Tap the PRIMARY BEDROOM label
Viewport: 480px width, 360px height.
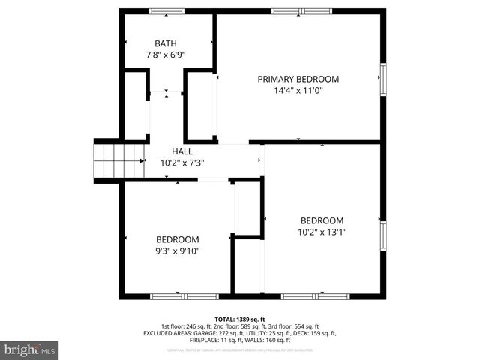point(298,79)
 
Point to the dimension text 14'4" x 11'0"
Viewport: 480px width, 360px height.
point(298,91)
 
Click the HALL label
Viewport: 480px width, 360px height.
point(182,151)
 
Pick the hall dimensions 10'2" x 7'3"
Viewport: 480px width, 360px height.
point(182,162)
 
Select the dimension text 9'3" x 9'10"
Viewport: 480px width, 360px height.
point(177,251)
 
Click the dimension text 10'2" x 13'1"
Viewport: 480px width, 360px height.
point(322,232)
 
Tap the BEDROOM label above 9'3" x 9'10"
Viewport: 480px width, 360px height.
point(177,239)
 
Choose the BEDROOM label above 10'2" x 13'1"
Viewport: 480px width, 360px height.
point(322,220)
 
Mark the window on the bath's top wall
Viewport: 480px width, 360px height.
point(166,11)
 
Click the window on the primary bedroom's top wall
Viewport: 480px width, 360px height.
point(289,11)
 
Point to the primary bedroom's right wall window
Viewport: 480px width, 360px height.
point(382,79)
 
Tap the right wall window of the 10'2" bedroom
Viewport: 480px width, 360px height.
point(382,236)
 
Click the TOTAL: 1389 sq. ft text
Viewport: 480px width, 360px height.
point(240,319)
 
